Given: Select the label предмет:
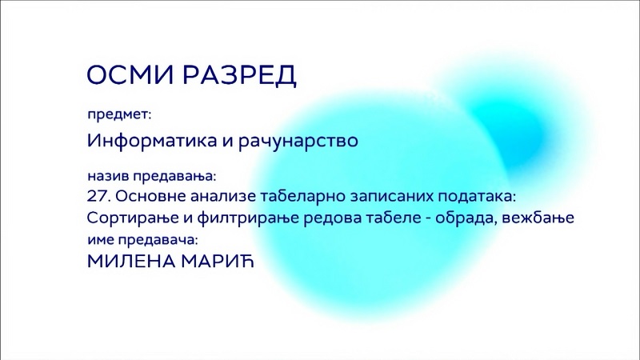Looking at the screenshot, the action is click(x=119, y=114).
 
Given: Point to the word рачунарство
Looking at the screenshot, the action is click(x=298, y=141).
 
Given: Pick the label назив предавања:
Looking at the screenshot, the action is click(x=151, y=176).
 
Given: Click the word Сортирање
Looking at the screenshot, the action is click(x=133, y=218).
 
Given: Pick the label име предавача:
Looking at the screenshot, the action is click(x=142, y=239).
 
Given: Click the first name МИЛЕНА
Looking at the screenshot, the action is click(x=131, y=262).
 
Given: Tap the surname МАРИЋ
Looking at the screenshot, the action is click(x=217, y=261).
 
